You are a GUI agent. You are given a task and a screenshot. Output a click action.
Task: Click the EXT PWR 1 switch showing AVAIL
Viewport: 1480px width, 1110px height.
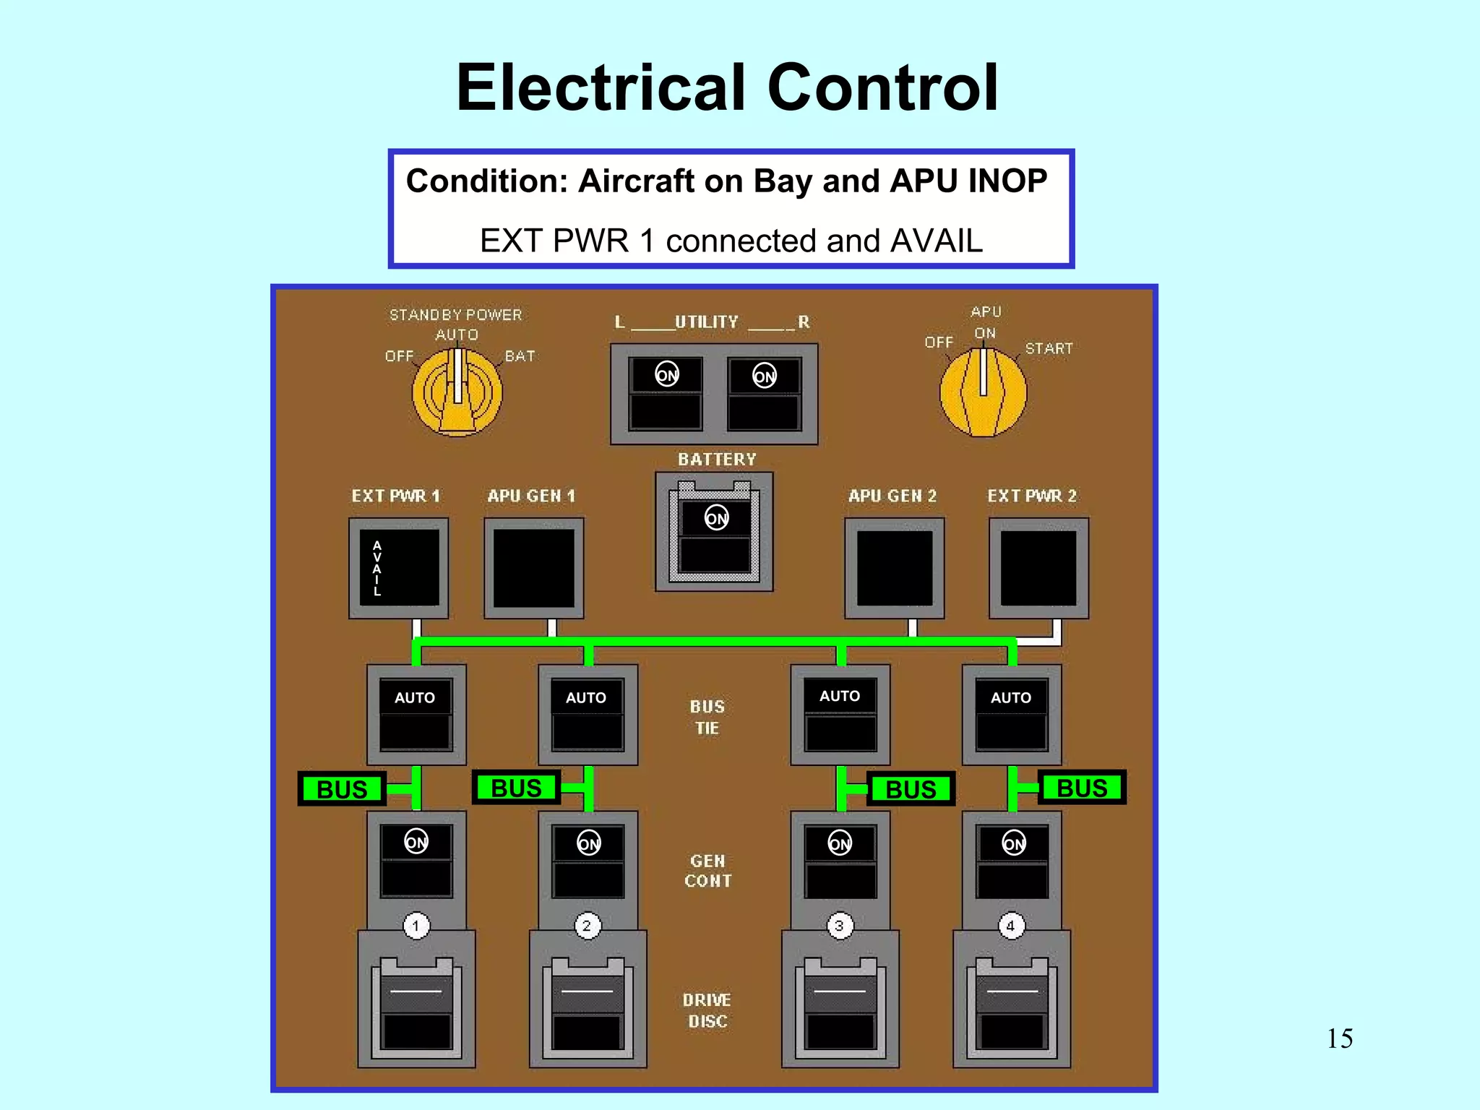click(x=399, y=568)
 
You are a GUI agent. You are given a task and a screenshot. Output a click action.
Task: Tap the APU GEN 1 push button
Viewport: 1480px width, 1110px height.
click(x=533, y=568)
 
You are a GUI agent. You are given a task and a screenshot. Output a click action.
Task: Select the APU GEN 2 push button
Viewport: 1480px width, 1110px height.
click(x=894, y=568)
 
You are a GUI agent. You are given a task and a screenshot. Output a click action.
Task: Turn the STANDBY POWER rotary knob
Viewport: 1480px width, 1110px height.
click(x=457, y=392)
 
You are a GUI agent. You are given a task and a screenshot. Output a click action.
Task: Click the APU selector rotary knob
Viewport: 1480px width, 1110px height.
click(x=983, y=392)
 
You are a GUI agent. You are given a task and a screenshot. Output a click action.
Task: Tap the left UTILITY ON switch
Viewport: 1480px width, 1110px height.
click(x=666, y=392)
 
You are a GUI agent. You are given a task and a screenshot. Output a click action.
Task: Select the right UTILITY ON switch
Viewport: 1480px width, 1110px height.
click(x=764, y=392)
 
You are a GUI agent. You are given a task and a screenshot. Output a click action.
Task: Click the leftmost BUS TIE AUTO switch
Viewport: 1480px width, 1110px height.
click(x=416, y=714)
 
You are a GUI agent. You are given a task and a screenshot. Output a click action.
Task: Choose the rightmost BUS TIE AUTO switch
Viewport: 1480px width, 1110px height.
click(x=1011, y=714)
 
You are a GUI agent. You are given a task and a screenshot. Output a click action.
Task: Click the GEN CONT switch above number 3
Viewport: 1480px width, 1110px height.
click(x=840, y=861)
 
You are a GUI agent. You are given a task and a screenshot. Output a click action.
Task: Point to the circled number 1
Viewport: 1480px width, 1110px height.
click(x=416, y=926)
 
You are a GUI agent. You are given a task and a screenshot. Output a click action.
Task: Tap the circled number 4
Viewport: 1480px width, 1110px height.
click(x=1011, y=926)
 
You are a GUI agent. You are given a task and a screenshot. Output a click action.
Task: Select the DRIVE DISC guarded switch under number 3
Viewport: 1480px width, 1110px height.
click(x=840, y=1004)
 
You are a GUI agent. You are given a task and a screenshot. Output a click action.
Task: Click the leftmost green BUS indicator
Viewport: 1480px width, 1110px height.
click(x=342, y=788)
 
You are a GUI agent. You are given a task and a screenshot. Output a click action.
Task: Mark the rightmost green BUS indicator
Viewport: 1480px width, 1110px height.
click(x=1082, y=788)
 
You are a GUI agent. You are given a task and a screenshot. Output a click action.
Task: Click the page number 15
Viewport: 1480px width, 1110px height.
click(x=1340, y=1038)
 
